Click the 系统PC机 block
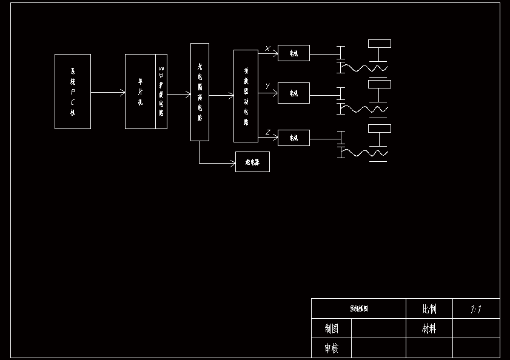tap(73, 92)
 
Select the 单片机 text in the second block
tap(140, 92)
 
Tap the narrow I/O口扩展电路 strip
tap(161, 92)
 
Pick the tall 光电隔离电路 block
tap(200, 92)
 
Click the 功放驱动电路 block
tap(246, 96)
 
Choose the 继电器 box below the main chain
tap(252, 162)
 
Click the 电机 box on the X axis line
tap(294, 53)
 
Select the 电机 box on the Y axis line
tap(294, 93)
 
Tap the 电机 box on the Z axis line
tap(294, 138)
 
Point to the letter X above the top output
tap(268, 48)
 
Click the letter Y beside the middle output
tap(267, 87)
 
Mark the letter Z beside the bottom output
tap(268, 132)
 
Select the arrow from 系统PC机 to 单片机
tap(108, 93)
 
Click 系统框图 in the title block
tap(358, 308)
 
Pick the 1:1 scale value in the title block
tap(476, 309)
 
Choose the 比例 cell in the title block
tap(429, 308)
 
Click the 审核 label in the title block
tap(331, 348)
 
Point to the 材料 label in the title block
tap(429, 328)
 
